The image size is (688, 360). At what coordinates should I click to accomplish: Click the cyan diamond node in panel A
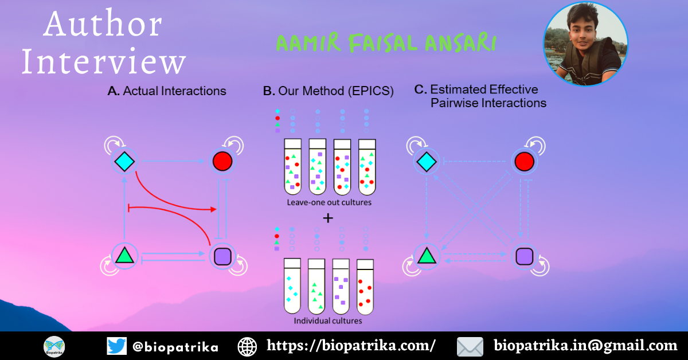pyautogui.click(x=124, y=161)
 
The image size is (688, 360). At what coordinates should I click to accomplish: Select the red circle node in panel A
pyautogui.click(x=222, y=161)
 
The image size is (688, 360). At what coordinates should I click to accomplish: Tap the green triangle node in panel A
pyautogui.click(x=124, y=256)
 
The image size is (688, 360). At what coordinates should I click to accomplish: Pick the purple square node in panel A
pyautogui.click(x=222, y=256)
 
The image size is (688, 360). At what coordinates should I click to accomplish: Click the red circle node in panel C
pyautogui.click(x=524, y=162)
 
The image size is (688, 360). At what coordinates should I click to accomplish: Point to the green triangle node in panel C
pyautogui.click(x=427, y=256)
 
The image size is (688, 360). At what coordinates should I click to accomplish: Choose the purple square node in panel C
pyautogui.click(x=524, y=256)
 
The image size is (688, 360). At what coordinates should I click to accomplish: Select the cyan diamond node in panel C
pyautogui.click(x=427, y=162)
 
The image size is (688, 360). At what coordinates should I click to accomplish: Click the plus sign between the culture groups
pyautogui.click(x=328, y=218)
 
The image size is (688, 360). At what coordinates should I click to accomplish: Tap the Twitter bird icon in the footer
pyautogui.click(x=117, y=346)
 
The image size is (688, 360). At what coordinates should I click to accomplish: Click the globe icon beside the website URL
pyautogui.click(x=247, y=347)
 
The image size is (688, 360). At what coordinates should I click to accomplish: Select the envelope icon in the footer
pyautogui.click(x=470, y=347)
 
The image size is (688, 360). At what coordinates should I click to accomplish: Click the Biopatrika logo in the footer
pyautogui.click(x=54, y=347)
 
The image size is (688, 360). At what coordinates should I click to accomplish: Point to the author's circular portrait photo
pyautogui.click(x=586, y=44)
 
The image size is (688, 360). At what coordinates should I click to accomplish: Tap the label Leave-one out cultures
pyautogui.click(x=329, y=202)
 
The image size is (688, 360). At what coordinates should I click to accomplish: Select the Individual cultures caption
pyautogui.click(x=328, y=320)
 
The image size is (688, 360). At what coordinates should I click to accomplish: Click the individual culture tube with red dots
pyautogui.click(x=365, y=287)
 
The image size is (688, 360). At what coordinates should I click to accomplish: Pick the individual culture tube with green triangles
pyautogui.click(x=316, y=286)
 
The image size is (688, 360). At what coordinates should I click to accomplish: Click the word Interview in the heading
pyautogui.click(x=104, y=61)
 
